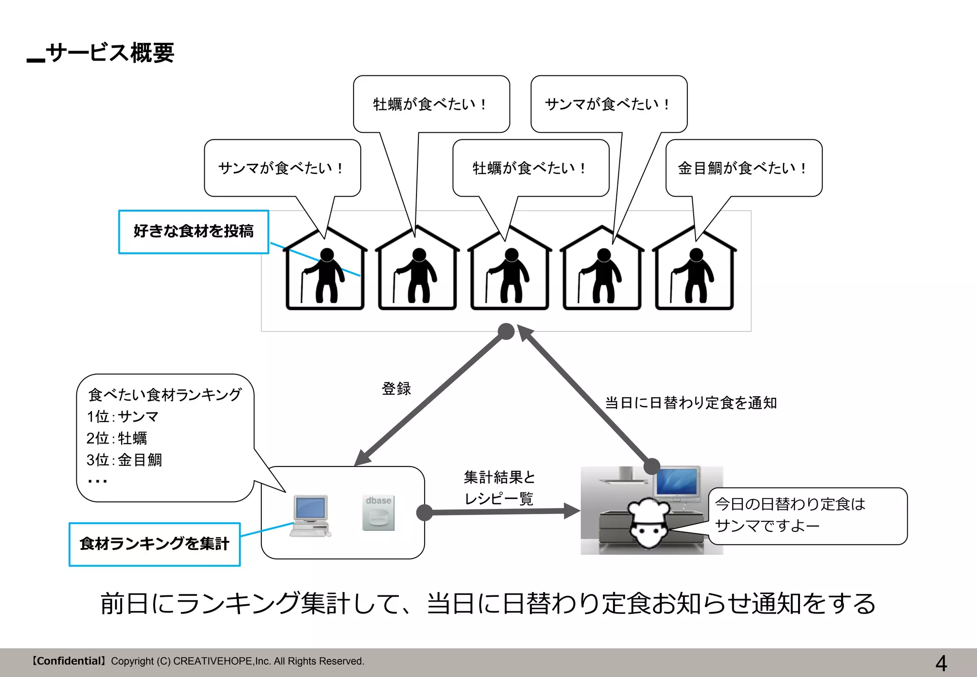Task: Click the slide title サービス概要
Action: [110, 53]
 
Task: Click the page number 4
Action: [941, 663]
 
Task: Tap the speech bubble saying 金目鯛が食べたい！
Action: [743, 168]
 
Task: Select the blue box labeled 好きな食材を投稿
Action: [193, 232]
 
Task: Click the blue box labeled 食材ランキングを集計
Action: [154, 544]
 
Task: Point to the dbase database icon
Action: [378, 513]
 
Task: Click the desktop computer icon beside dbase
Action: [310, 516]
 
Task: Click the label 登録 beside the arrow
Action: [396, 389]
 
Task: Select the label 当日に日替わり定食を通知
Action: [690, 403]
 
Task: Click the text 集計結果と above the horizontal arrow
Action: [499, 477]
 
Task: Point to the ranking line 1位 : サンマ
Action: [123, 417]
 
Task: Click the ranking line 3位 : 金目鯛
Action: [124, 460]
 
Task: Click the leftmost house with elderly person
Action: [325, 270]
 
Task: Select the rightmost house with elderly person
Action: [694, 270]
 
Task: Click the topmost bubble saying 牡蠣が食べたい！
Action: [430, 104]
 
